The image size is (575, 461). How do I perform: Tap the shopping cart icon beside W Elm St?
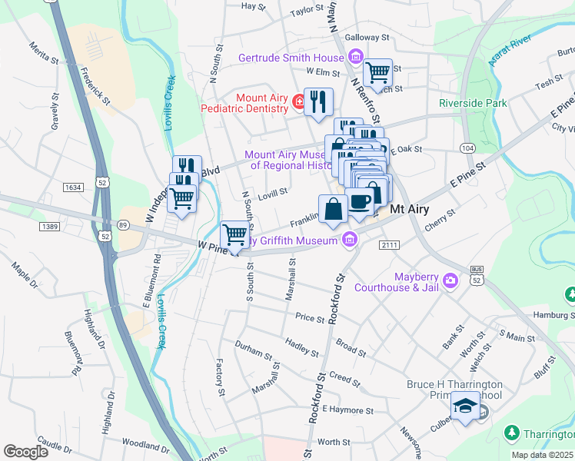click(377, 73)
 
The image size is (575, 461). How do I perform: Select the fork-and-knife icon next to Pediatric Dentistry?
click(318, 102)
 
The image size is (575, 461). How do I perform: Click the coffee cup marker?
click(359, 202)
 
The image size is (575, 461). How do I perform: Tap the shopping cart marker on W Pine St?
click(235, 235)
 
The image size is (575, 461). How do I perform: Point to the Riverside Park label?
click(473, 103)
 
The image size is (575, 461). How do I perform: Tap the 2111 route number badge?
click(390, 244)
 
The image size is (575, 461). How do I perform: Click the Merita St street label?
click(44, 58)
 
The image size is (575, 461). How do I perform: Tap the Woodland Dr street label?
click(144, 446)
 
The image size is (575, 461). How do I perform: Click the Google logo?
click(25, 451)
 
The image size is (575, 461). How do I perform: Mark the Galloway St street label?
click(367, 37)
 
